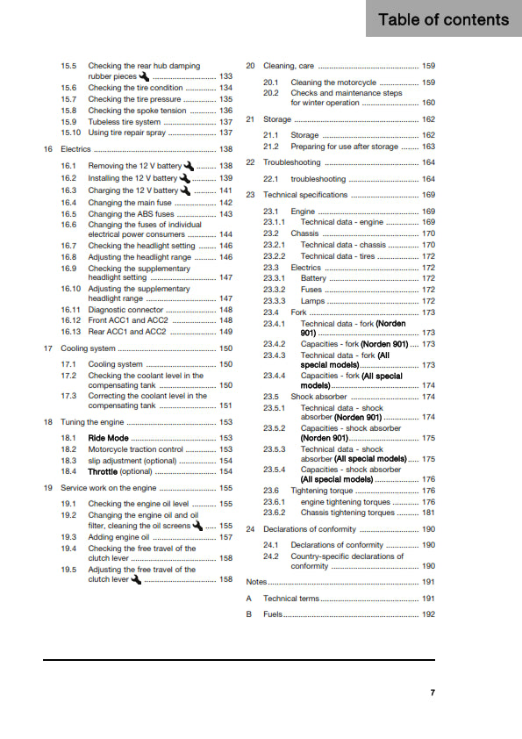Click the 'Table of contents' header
[443, 19]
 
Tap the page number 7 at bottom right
[433, 692]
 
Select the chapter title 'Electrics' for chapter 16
[76, 149]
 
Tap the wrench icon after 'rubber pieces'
[144, 76]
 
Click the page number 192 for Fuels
[428, 614]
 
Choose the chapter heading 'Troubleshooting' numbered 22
[292, 162]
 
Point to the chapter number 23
[250, 195]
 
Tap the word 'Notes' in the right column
[256, 582]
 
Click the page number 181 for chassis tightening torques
[428, 513]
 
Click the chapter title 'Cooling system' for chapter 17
[88, 348]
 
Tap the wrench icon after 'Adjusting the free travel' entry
[135, 579]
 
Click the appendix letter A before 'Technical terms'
[249, 598]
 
